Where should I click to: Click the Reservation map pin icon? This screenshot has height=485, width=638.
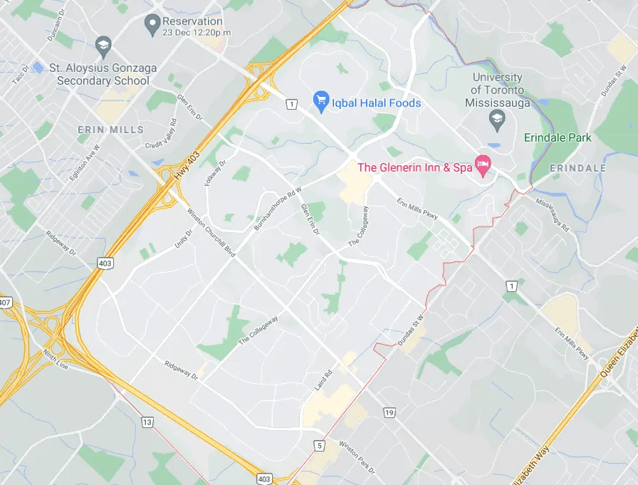151,25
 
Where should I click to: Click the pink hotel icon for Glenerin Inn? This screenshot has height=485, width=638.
483,166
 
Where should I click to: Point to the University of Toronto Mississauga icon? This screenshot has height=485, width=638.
497,121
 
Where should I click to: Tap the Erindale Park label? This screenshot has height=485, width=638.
558,137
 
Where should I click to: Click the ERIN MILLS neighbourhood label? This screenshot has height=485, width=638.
110,130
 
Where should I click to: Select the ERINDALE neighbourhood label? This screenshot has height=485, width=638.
577,168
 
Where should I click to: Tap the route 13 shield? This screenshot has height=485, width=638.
147,422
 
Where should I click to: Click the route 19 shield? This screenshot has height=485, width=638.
389,412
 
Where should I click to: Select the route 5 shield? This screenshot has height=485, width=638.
319,446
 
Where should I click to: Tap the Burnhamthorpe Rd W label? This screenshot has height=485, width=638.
278,208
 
